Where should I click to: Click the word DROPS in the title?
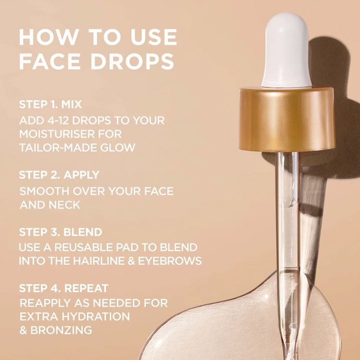pos(132,61)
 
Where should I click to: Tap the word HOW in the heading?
pos(49,37)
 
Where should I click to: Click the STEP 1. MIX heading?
pos(50,104)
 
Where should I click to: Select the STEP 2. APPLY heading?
pos(59,175)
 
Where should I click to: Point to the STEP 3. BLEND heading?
pos(61,232)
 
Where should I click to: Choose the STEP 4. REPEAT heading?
pos(64,288)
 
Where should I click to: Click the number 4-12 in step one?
pos(59,120)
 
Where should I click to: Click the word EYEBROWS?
pos(170,261)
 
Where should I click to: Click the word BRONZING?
pos(61,330)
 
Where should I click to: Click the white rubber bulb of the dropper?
pos(286,50)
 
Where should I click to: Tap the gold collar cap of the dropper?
pos(287,119)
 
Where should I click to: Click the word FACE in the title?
pos(50,61)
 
